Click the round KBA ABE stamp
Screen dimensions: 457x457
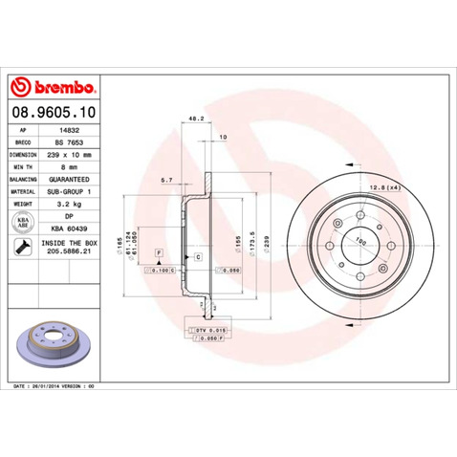pyautogui.click(x=21, y=222)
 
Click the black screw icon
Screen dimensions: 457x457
pyautogui.click(x=21, y=249)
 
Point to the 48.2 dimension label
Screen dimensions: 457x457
pyautogui.click(x=195, y=120)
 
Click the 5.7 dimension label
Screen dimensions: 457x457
pyautogui.click(x=166, y=179)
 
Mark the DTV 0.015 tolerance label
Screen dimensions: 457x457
pyautogui.click(x=209, y=328)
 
